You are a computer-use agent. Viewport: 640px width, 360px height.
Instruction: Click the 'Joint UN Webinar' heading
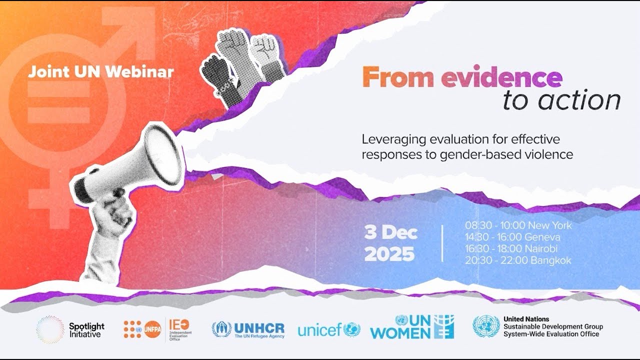click(x=101, y=71)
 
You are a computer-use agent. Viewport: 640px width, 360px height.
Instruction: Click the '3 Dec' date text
click(x=390, y=233)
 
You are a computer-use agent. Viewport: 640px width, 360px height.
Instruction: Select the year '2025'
click(x=389, y=254)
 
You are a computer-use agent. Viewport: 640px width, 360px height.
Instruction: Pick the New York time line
click(x=518, y=225)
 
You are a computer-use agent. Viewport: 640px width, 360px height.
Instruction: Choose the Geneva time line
click(x=512, y=237)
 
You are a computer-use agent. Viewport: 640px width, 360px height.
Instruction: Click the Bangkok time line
click(x=518, y=260)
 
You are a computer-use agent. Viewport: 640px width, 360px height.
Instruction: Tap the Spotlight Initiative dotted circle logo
click(x=50, y=329)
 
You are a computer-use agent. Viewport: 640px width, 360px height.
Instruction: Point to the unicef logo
click(x=328, y=329)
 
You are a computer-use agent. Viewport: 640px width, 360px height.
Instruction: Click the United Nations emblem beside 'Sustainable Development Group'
click(x=486, y=326)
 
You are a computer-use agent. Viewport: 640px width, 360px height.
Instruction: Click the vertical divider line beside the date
click(x=442, y=243)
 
